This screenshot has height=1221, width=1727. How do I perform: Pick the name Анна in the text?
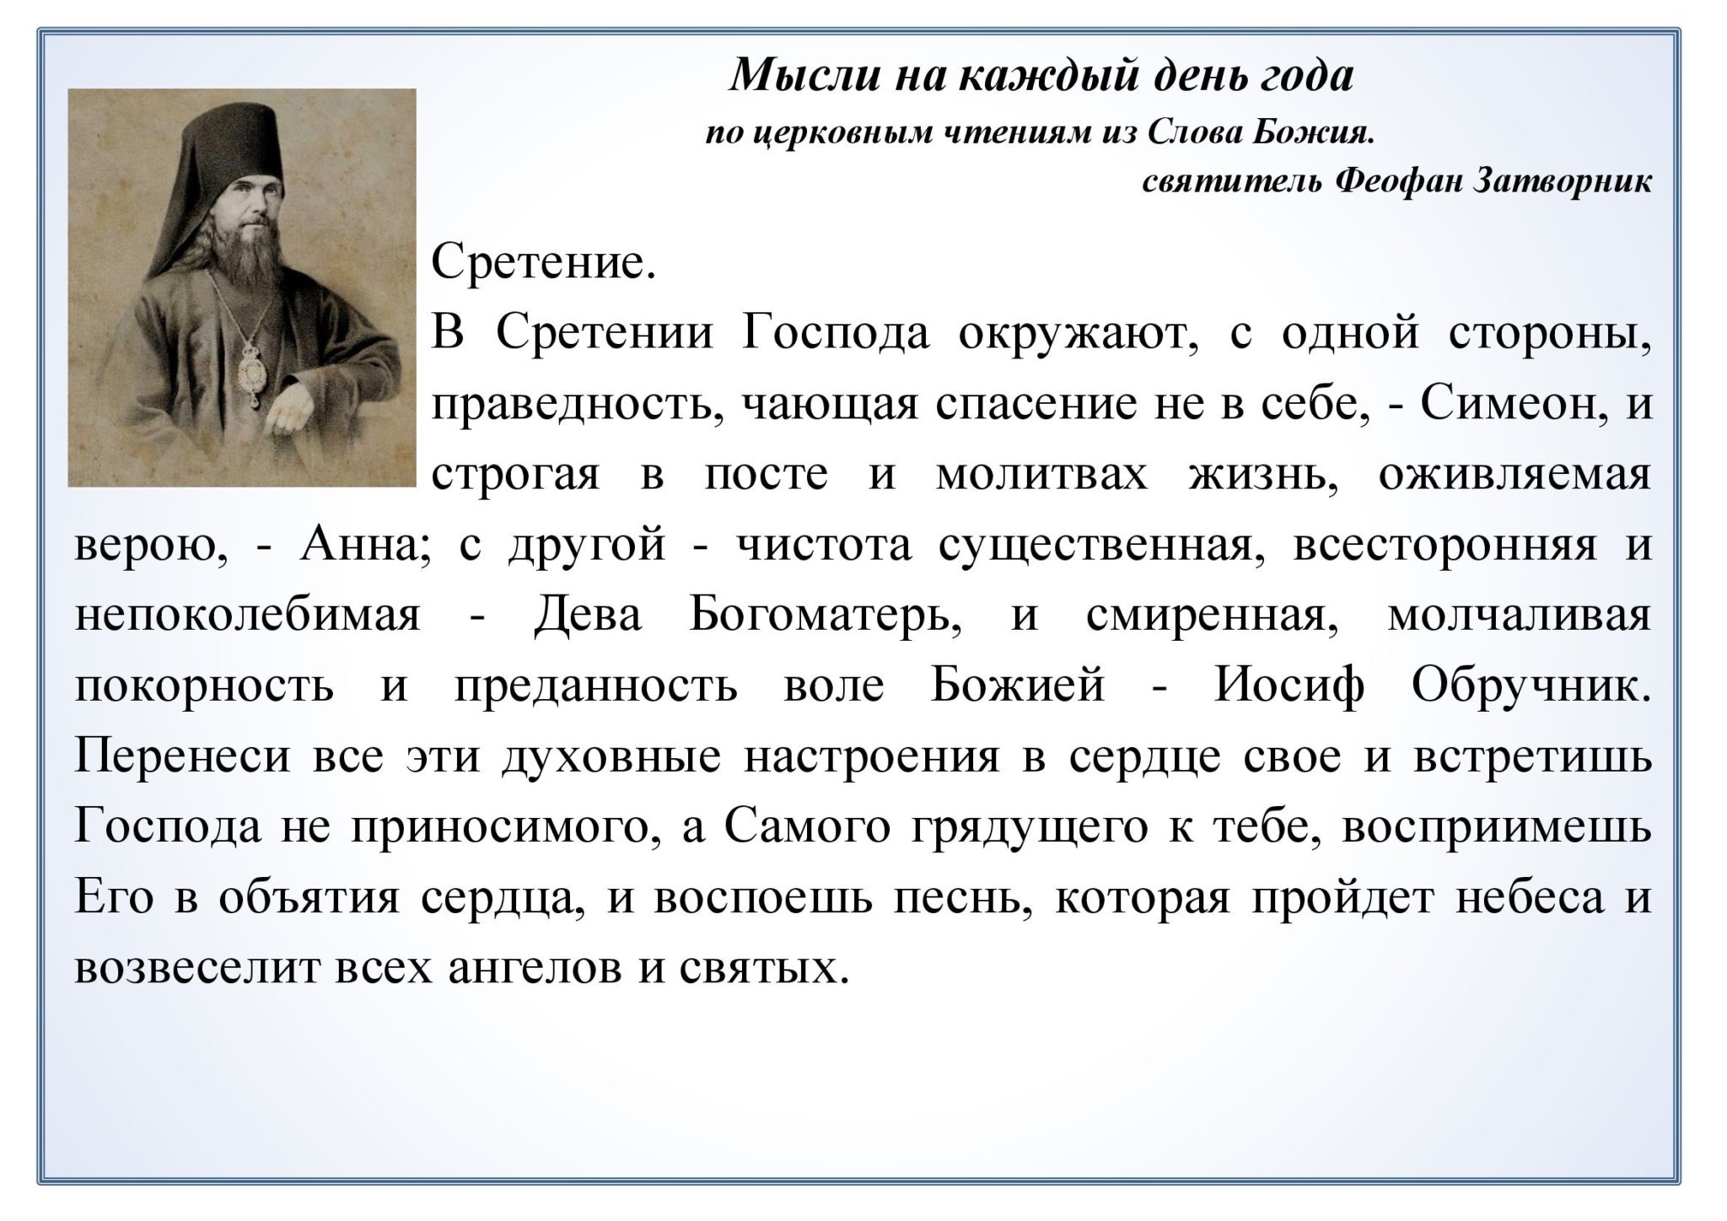coord(364,546)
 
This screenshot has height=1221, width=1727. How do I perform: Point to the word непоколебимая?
coord(247,616)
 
